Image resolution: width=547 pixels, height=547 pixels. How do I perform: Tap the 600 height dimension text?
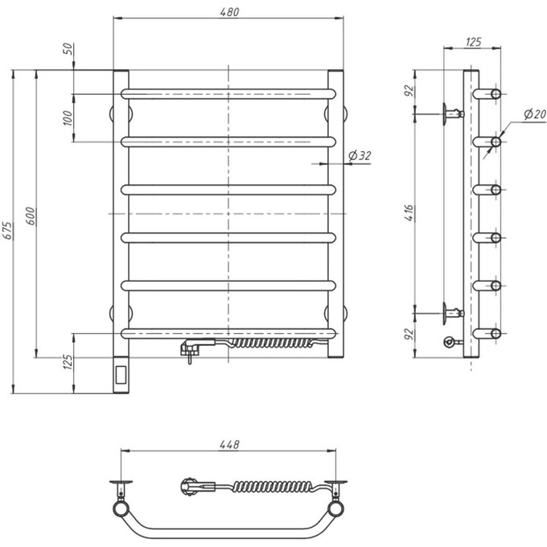(31, 216)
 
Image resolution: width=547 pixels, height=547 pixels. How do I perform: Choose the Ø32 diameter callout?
(360, 155)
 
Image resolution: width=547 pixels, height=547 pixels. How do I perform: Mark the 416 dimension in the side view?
(409, 214)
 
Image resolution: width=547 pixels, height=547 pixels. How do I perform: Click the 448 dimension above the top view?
(229, 444)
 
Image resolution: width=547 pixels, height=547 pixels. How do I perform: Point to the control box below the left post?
(121, 375)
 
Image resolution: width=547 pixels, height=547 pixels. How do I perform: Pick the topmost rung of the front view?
(229, 93)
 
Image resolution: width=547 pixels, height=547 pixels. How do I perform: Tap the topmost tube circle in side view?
(496, 93)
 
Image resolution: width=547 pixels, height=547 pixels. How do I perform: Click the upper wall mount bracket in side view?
(451, 113)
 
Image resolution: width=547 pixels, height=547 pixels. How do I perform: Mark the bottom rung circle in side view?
(496, 333)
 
